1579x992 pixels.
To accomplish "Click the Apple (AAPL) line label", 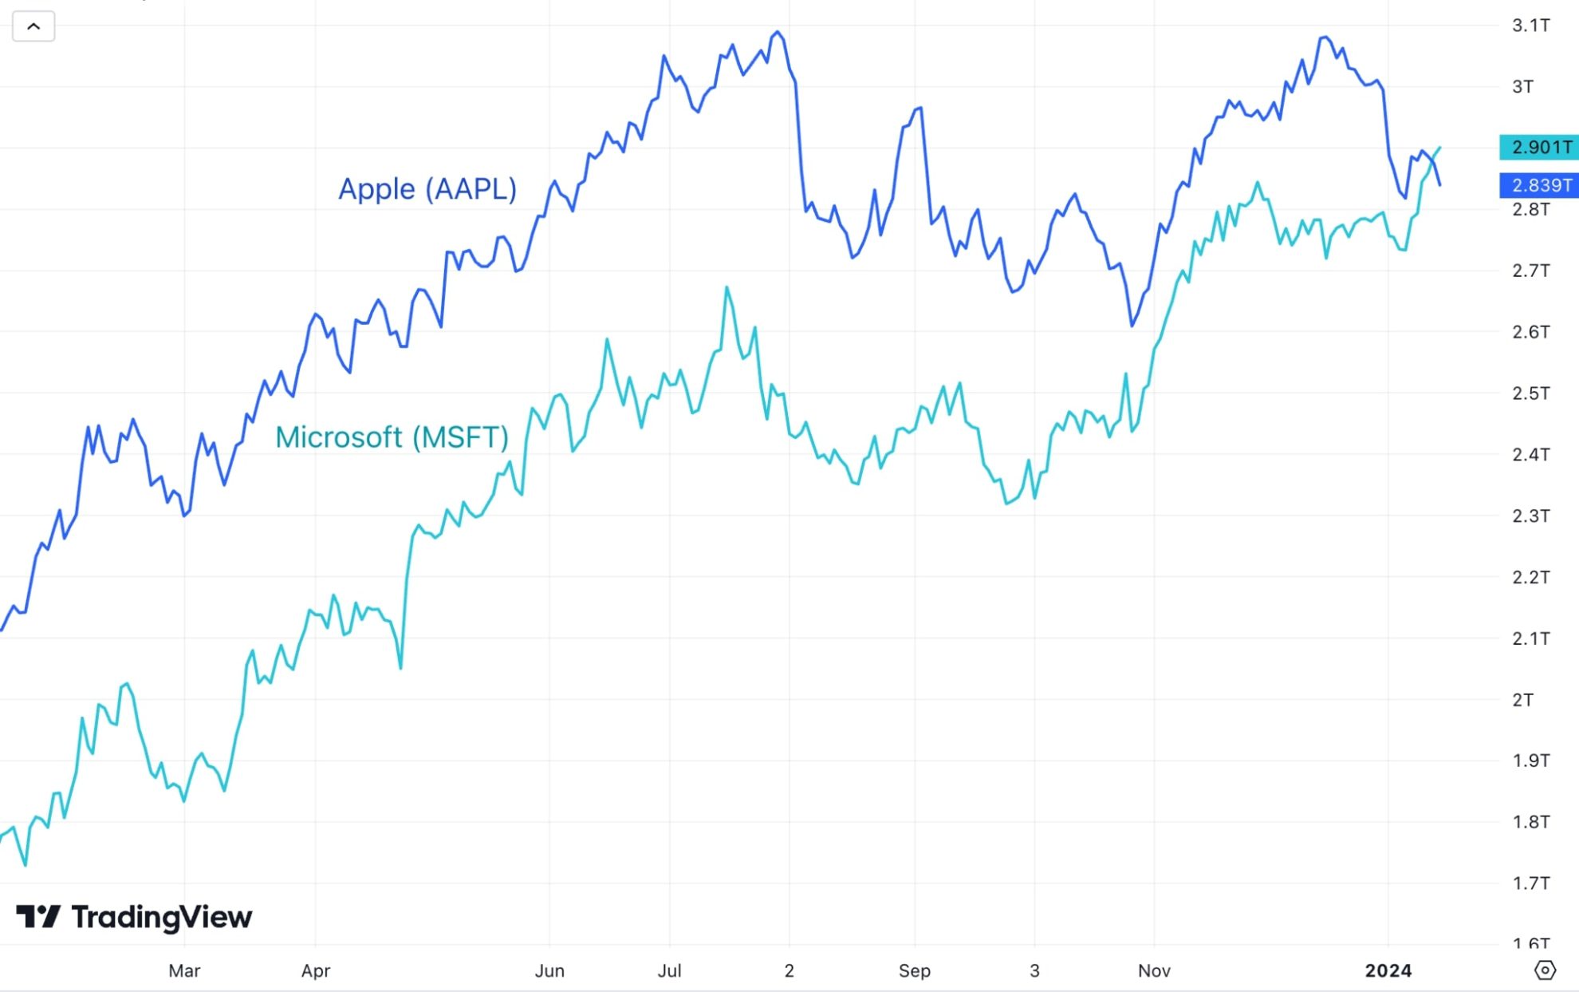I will [427, 189].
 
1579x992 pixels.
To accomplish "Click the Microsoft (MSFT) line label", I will [392, 437].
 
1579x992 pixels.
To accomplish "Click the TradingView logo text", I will [161, 917].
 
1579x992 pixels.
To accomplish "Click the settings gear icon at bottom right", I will [1545, 970].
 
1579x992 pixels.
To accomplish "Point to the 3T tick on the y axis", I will [1522, 86].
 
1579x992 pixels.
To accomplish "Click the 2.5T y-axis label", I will [1530, 393].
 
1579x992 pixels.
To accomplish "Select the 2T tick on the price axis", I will [1522, 700].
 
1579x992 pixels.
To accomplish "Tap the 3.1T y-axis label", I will [1530, 26].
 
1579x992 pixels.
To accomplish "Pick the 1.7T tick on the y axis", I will [1530, 883].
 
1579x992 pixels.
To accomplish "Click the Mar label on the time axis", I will [184, 971].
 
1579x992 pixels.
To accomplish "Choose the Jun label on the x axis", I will [549, 971].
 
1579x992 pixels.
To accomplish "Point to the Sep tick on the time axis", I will [914, 971].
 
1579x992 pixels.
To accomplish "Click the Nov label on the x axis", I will [1154, 971].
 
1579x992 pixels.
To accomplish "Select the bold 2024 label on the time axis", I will [1388, 971].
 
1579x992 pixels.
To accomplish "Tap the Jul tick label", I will [669, 971].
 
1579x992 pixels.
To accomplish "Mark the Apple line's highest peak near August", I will [778, 32].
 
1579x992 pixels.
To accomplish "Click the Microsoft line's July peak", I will [726, 287].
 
